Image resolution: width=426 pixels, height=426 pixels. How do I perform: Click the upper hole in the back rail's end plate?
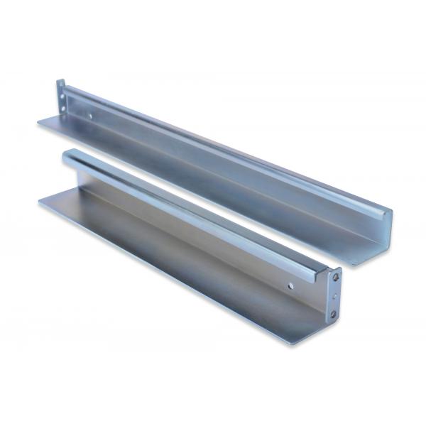tap(62, 92)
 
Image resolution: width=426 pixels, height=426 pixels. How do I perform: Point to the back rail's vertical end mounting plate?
tap(62, 97)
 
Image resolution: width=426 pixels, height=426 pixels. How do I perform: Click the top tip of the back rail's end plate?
tap(60, 82)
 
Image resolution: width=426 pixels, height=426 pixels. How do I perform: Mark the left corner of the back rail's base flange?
tap(38, 124)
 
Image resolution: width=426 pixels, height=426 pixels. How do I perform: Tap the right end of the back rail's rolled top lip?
tap(388, 211)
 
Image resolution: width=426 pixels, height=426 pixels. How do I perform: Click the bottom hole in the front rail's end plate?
tap(333, 313)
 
